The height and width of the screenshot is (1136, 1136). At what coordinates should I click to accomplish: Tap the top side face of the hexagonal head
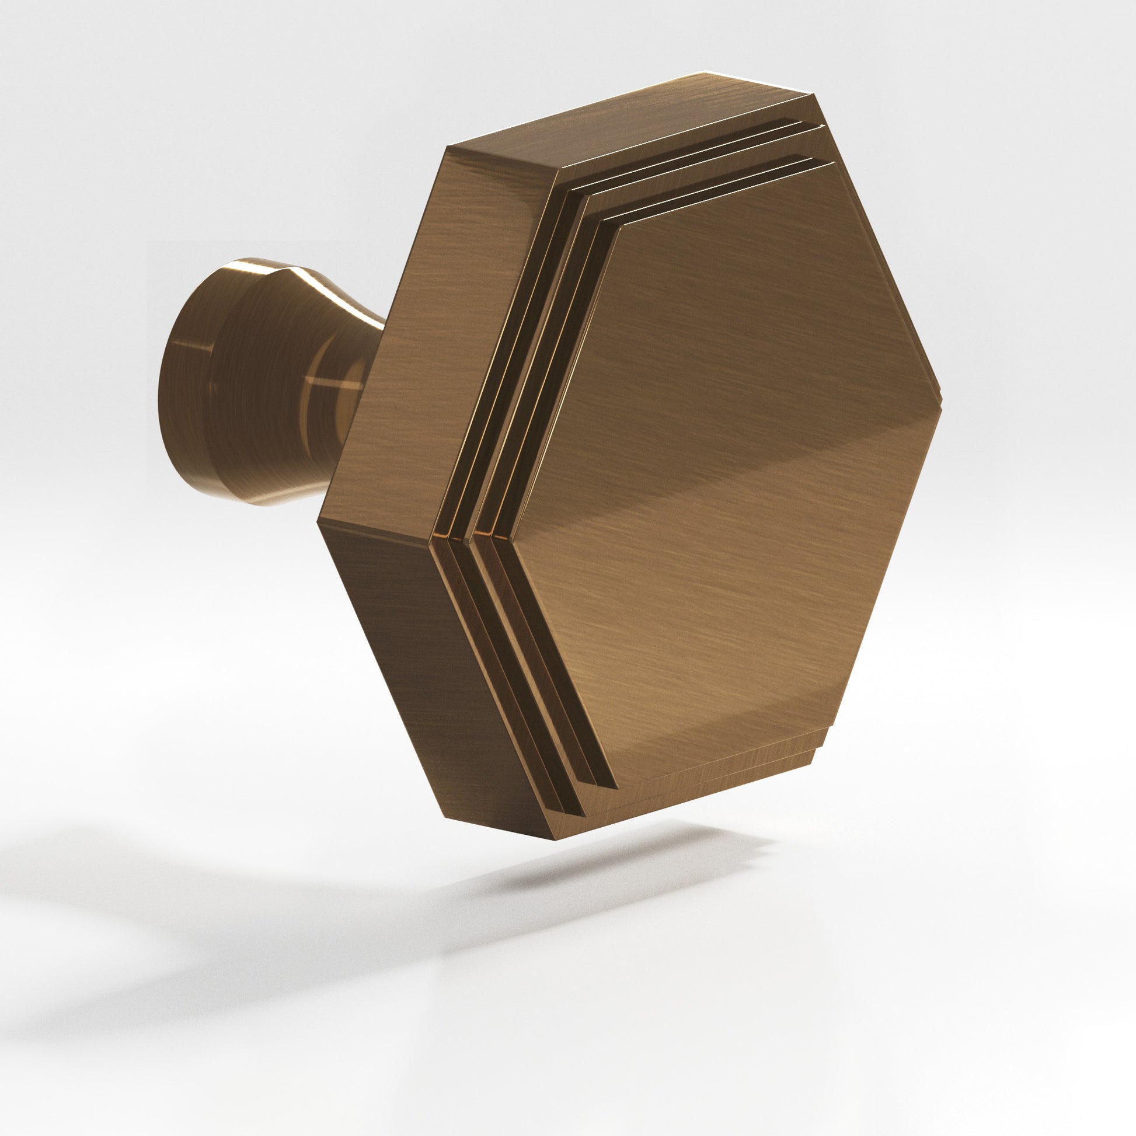click(x=629, y=127)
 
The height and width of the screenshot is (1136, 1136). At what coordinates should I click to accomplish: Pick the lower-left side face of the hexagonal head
click(x=423, y=664)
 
